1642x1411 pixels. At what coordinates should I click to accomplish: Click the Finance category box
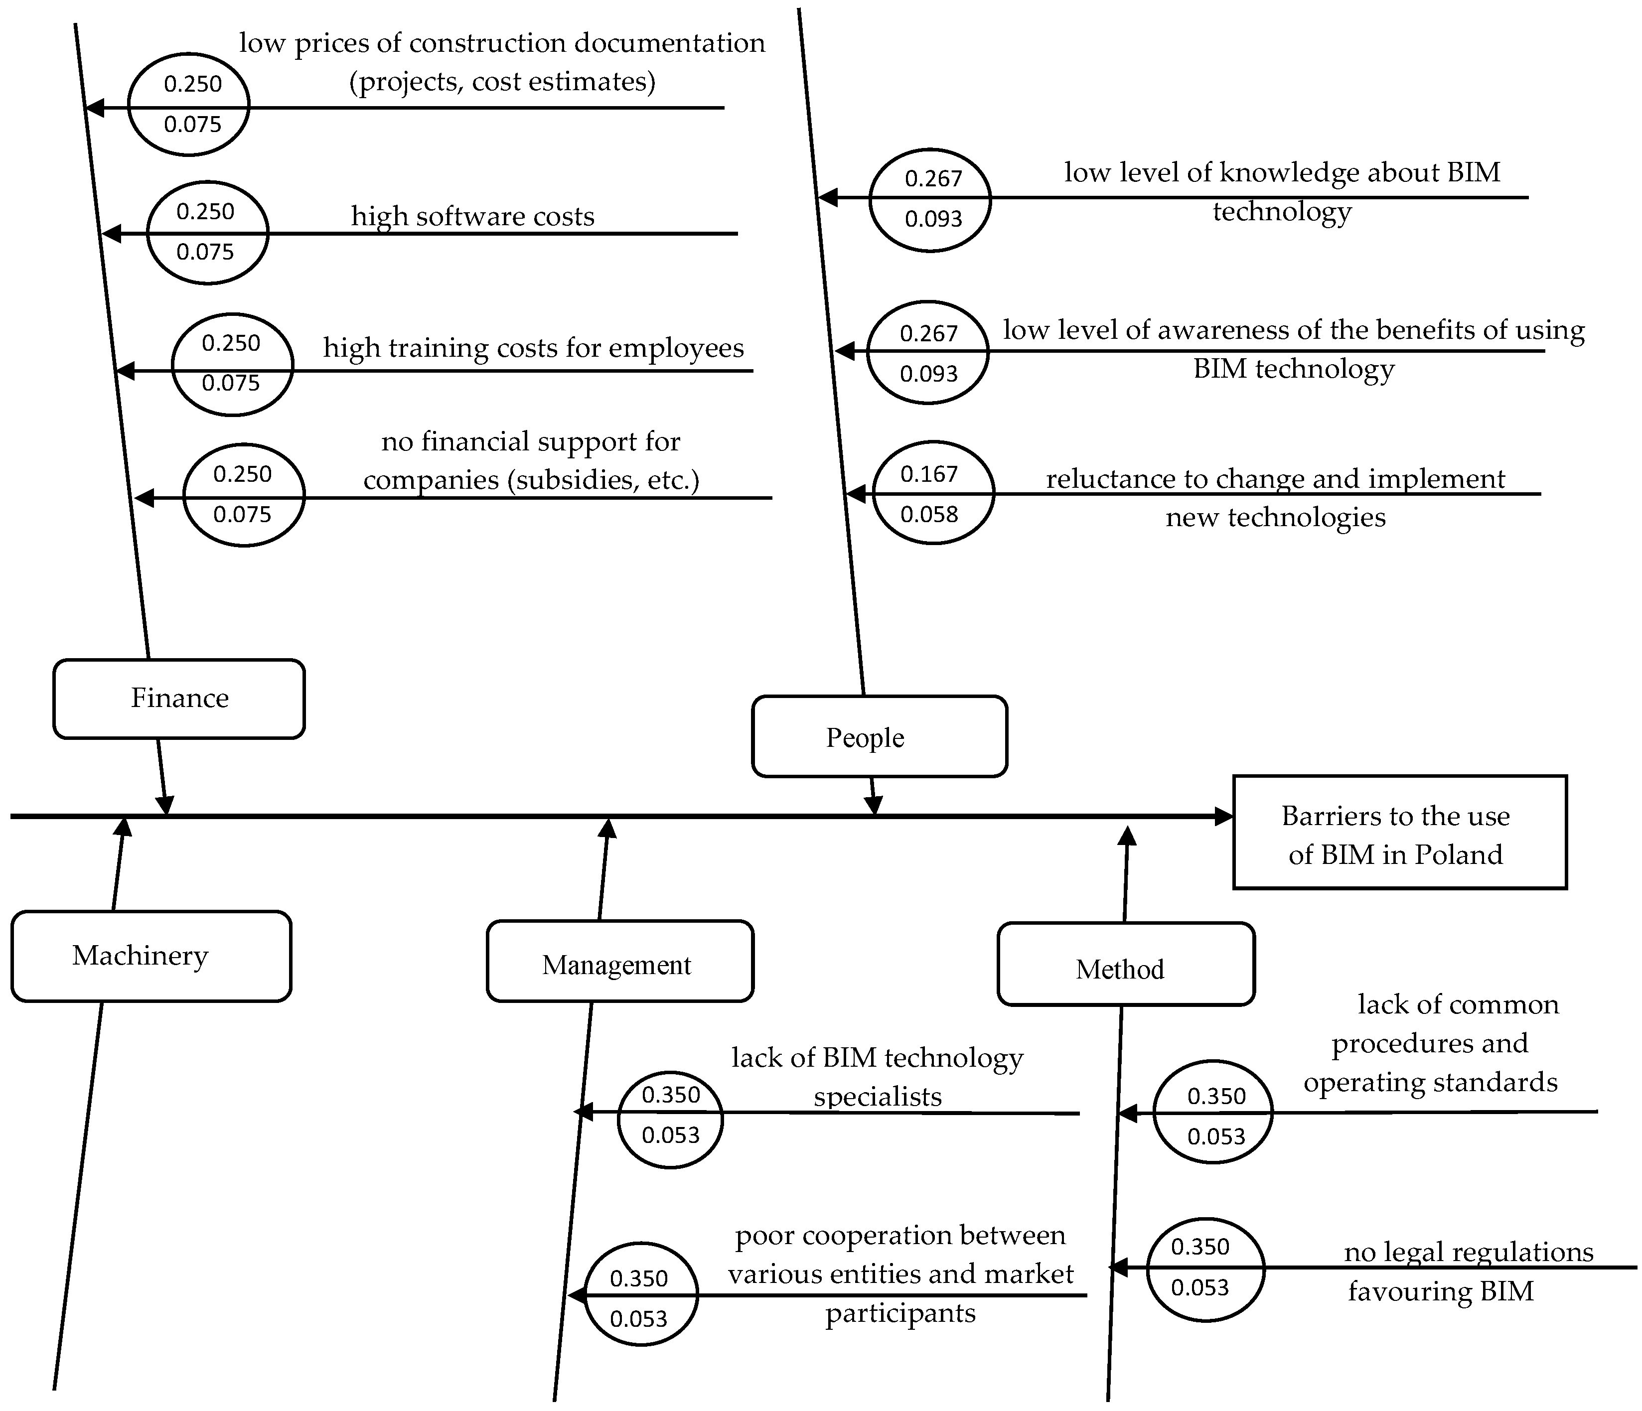pos(179,699)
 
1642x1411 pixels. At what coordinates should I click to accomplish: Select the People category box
pos(879,737)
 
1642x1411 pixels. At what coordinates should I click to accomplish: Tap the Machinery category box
pos(150,956)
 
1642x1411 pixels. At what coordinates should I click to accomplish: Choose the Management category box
pos(620,962)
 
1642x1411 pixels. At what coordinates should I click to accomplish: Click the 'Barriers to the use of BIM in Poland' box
pos(1399,833)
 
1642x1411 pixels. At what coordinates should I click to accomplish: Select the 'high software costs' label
pos(472,216)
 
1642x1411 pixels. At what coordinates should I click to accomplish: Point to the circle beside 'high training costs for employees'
pos(232,364)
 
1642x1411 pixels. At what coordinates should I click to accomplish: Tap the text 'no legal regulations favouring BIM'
pos(1458,1271)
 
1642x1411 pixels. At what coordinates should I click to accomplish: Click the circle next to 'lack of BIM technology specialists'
pos(670,1115)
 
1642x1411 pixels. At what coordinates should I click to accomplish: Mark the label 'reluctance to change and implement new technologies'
pos(1275,498)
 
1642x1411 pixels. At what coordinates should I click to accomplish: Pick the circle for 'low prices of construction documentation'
pos(188,104)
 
